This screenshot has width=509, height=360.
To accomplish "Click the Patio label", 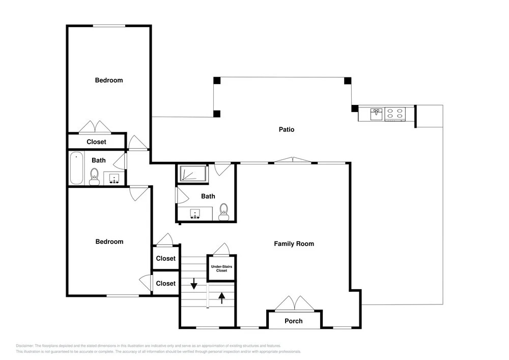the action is point(286,129).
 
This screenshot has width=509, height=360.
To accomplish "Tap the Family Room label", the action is point(294,244).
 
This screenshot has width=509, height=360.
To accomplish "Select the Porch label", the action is point(294,321).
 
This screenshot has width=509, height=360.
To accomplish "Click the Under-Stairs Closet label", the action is point(221,268).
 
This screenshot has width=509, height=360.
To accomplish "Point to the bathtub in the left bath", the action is point(77,168).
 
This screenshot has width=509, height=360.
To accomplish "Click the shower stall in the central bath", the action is point(193,173).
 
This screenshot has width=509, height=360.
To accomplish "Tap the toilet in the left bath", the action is point(95,177).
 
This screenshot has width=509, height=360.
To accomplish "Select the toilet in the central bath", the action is point(223,212).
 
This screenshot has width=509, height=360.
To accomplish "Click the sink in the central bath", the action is point(195,214).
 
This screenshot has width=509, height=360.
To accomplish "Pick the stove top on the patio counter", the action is point(395,114).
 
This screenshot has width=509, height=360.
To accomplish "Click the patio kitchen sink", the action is point(377,114).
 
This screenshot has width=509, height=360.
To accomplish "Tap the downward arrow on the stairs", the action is point(194,284).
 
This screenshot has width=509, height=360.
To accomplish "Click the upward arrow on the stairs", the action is point(222,298).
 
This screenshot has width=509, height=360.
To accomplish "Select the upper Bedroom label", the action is point(109,80).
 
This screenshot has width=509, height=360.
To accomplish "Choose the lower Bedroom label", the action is point(109,241).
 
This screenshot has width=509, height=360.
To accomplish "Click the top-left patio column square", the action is point(217,80).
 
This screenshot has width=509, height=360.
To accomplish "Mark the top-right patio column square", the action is point(348,80).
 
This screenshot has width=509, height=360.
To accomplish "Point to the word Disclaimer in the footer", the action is point(24,346).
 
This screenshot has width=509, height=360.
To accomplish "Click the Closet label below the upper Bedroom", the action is point(96,142).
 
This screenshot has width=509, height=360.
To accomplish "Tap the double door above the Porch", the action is point(294,303).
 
